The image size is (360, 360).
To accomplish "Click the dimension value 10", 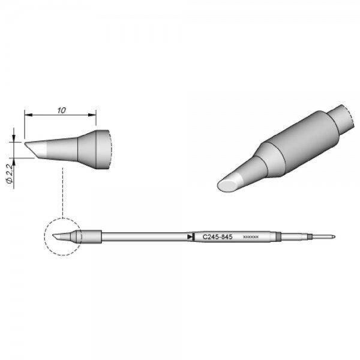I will (62, 110).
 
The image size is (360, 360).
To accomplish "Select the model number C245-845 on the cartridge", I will (216, 236).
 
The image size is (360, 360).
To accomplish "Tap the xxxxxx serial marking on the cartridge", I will (250, 237).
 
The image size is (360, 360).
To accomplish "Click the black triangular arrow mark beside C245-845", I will (190, 237).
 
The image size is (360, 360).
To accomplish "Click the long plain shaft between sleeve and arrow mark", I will (144, 236).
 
